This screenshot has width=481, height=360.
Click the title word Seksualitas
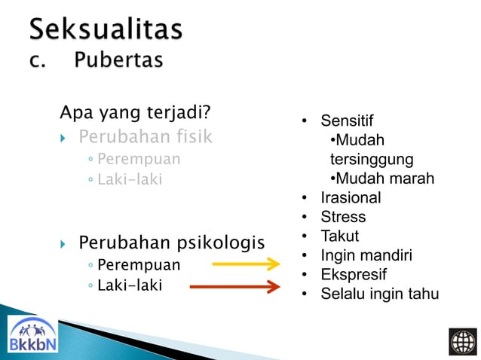[106, 29]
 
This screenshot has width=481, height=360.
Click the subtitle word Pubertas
[118, 60]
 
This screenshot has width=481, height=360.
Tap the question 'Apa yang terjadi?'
[135, 114]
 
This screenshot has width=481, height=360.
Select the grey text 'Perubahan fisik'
[146, 137]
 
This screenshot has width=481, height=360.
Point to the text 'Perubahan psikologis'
[171, 243]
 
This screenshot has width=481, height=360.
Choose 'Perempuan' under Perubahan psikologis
[139, 265]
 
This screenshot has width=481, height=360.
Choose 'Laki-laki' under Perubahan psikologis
[130, 285]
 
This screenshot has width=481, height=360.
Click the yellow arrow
[246, 264]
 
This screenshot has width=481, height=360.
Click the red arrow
[234, 286]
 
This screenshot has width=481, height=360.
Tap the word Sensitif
[347, 121]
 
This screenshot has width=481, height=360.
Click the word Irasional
[351, 198]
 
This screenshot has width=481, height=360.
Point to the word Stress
[343, 218]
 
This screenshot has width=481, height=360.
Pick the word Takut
[340, 236]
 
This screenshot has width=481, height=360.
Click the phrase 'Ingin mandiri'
[366, 256]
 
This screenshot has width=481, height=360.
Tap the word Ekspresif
[354, 275]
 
